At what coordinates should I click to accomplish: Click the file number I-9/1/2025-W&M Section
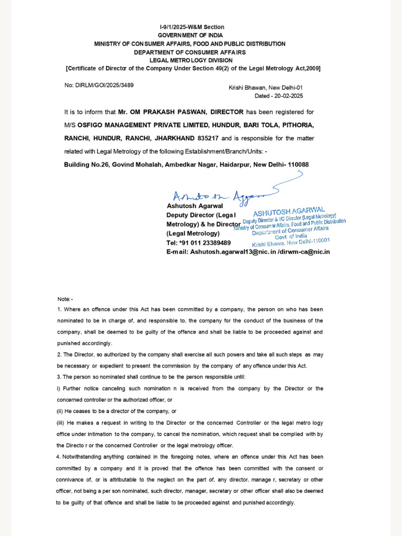[192, 27]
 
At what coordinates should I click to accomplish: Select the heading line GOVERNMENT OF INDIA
[190, 35]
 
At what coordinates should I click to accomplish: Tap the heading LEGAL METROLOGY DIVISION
[191, 60]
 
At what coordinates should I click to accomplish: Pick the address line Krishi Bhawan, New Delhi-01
[265, 88]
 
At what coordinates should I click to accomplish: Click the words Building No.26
[87, 164]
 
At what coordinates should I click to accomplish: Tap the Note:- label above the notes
[65, 299]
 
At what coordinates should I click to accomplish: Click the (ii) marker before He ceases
[60, 411]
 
